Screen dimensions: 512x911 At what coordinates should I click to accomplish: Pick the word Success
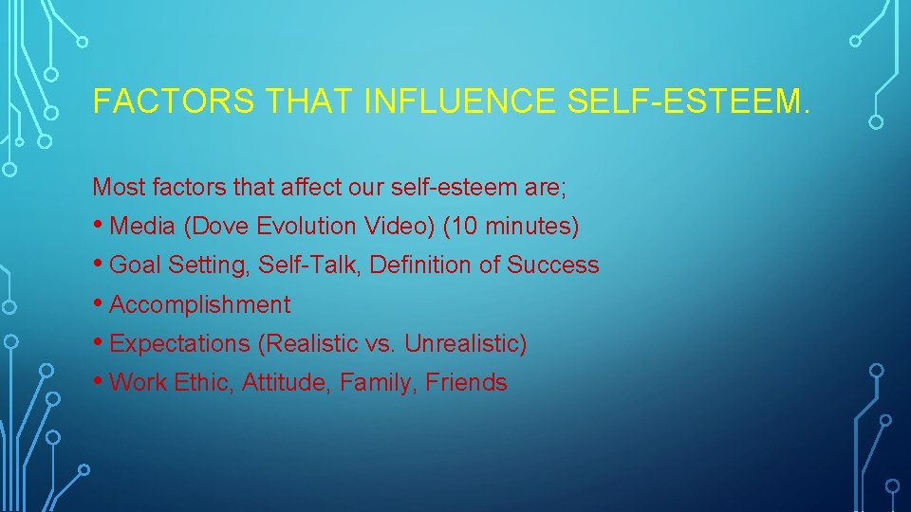553,265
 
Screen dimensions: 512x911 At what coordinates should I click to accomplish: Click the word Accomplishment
200,305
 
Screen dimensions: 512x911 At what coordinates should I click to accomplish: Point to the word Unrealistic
465,344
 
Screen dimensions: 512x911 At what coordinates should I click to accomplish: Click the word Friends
466,383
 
